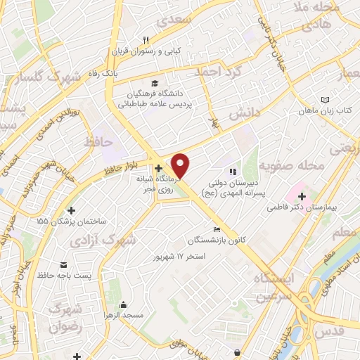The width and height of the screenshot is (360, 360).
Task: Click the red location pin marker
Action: click(181, 165)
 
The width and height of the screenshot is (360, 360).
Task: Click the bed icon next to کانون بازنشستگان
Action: click(217, 229)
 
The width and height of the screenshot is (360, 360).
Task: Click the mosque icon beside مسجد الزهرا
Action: click(124, 304)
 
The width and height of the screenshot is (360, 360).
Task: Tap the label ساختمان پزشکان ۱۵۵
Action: click(72, 221)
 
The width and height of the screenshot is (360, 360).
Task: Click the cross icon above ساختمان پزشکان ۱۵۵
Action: click(71, 210)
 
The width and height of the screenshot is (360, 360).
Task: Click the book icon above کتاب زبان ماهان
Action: click(324, 100)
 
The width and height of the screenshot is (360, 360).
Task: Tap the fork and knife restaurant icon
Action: click(146, 40)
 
